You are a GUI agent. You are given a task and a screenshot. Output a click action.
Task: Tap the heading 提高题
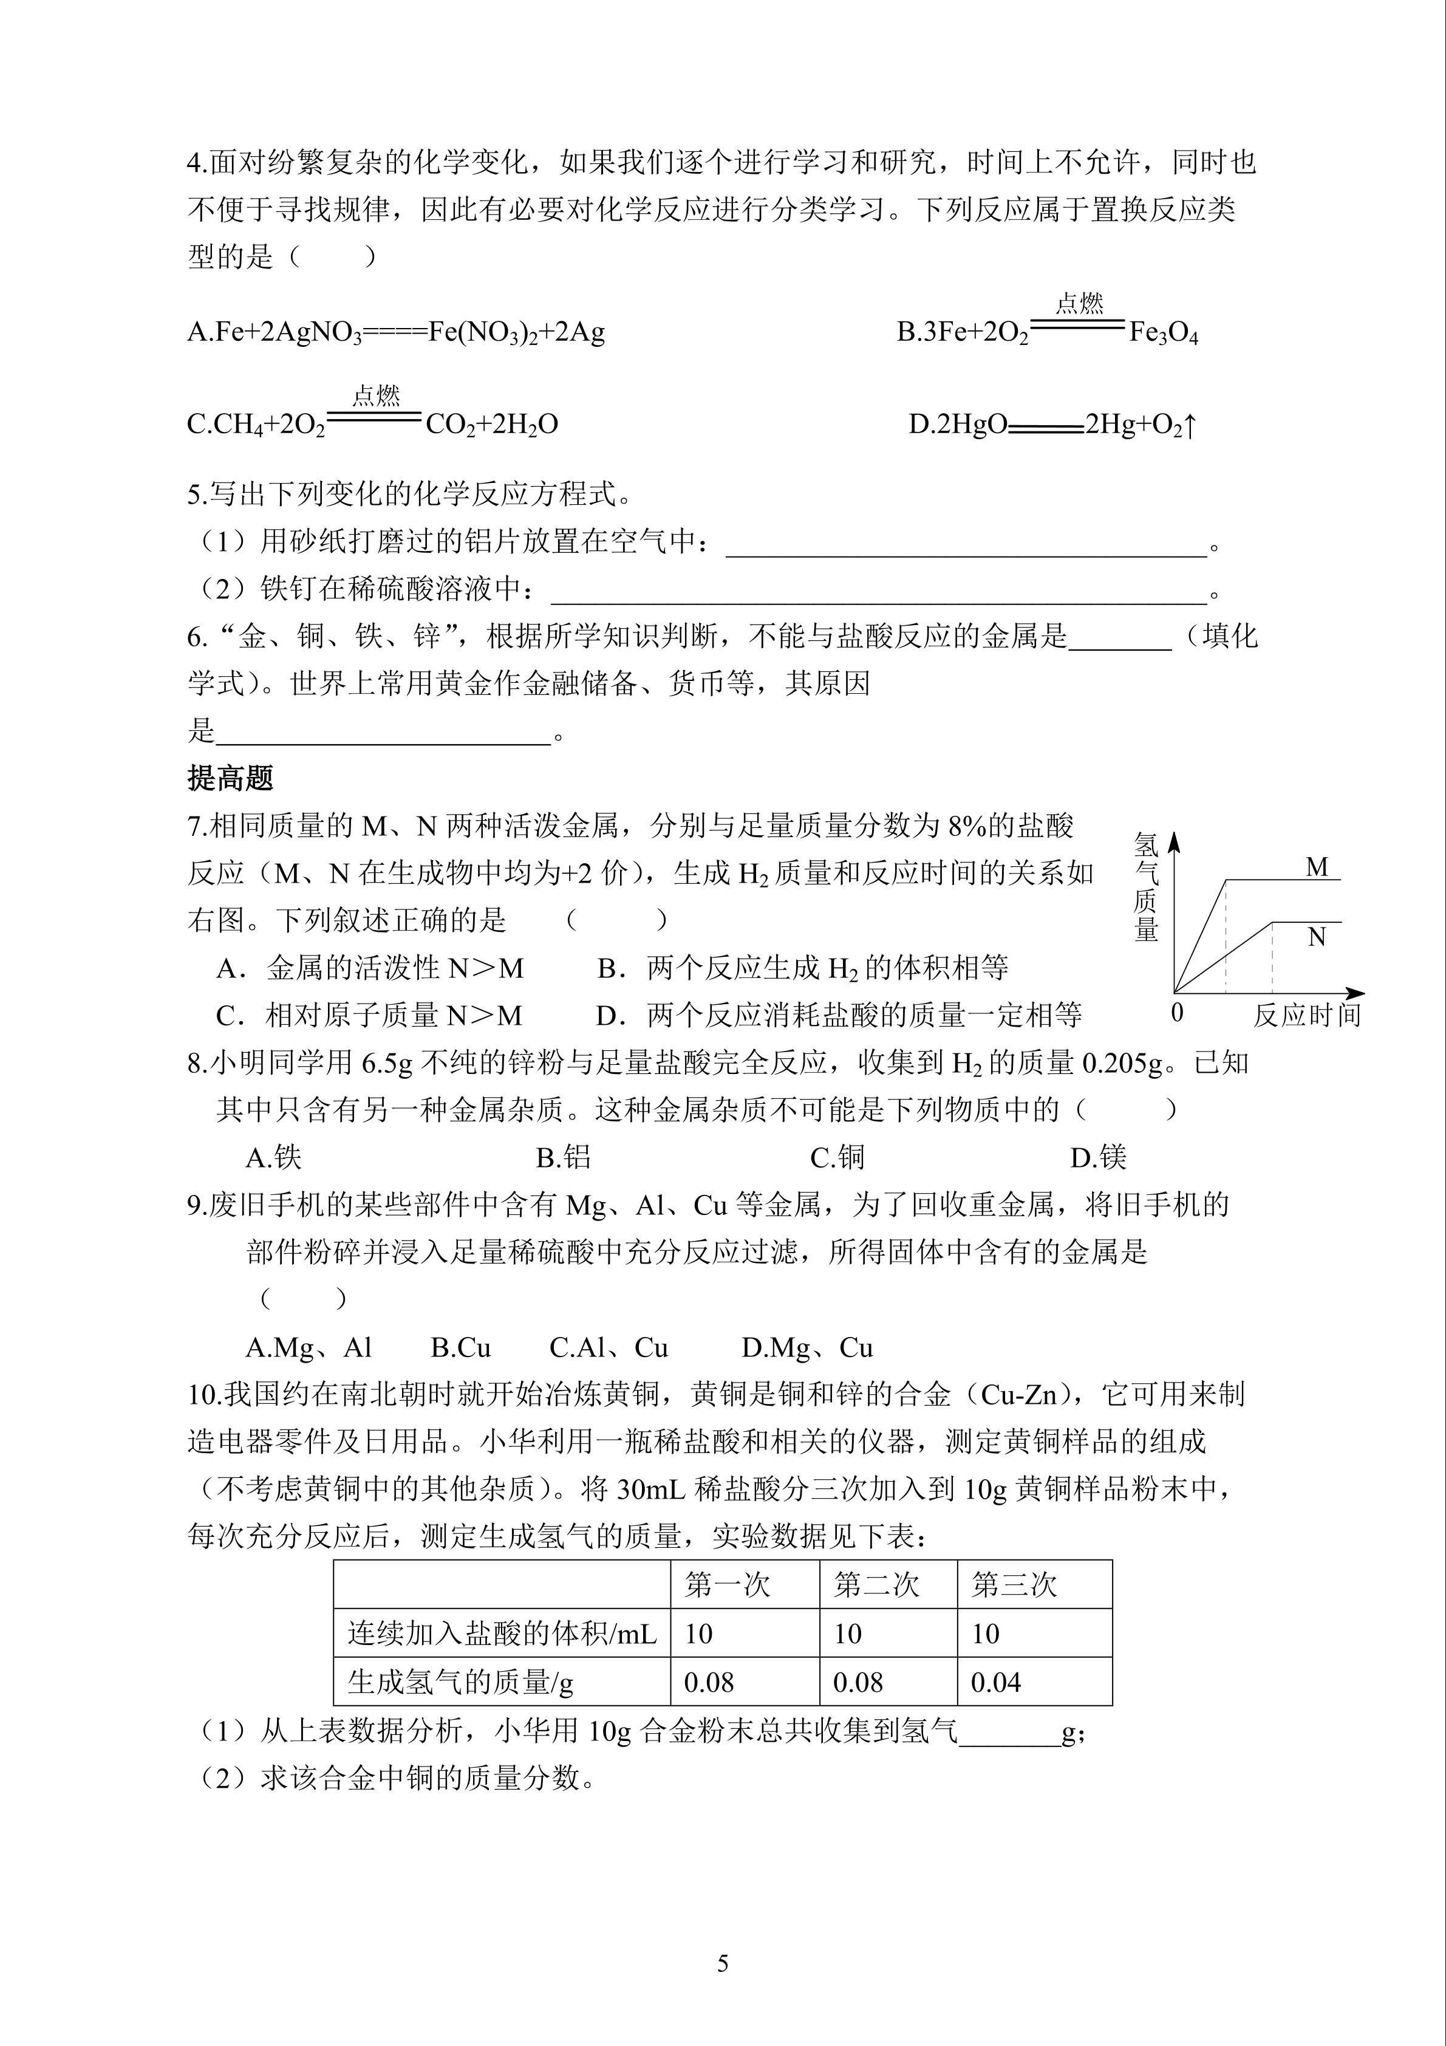pyautogui.click(x=230, y=778)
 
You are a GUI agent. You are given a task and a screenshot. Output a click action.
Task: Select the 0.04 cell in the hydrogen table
pyautogui.click(x=995, y=1683)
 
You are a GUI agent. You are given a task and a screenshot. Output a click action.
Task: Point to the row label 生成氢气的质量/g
pyautogui.click(x=460, y=1683)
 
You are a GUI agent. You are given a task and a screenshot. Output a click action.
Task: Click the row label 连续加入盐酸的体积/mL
pyautogui.click(x=502, y=1634)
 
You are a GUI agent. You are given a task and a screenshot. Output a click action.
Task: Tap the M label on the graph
pyautogui.click(x=1317, y=867)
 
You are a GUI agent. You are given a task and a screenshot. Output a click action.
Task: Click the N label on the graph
pyautogui.click(x=1317, y=937)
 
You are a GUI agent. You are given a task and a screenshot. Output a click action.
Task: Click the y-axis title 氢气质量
pyautogui.click(x=1146, y=888)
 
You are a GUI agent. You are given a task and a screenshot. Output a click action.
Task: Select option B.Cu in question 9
pyautogui.click(x=460, y=1347)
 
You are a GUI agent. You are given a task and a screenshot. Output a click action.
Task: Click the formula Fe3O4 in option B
pyautogui.click(x=1164, y=334)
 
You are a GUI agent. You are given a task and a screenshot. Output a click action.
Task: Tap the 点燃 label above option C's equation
pyautogui.click(x=376, y=395)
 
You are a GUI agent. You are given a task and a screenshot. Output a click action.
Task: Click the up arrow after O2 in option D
pyautogui.click(x=1190, y=425)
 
